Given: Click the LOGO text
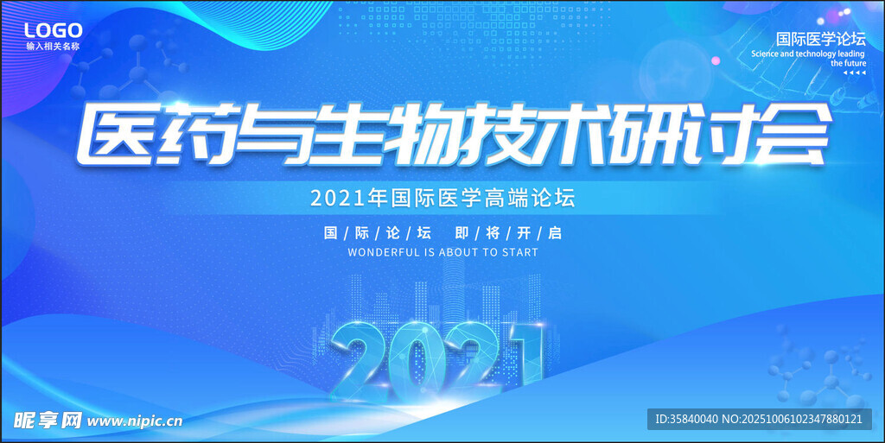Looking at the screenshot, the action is pos(53,30).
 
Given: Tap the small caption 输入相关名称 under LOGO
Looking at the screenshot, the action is pos(53,47).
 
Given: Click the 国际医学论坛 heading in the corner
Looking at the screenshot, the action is pos(821,39).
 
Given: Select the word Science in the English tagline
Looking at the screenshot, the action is pos(765,54).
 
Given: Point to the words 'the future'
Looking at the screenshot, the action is pos(849,64).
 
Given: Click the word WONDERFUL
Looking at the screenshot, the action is pos(383,252).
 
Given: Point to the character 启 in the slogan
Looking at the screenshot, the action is pos(556,233).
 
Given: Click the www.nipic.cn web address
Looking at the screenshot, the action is pos(135,421).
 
